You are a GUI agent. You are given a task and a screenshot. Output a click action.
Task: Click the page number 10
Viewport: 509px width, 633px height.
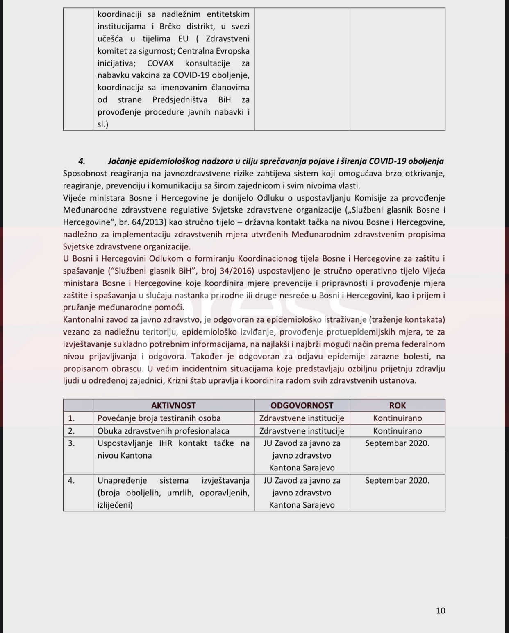(441, 610)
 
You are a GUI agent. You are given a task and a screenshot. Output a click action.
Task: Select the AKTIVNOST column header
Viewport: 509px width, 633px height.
(173, 405)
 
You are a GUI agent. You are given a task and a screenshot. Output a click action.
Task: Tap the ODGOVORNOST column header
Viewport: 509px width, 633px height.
(302, 405)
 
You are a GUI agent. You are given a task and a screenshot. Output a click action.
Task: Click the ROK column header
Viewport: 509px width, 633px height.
(397, 405)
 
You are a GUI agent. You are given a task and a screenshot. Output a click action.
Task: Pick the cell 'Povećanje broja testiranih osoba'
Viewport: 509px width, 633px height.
(159, 418)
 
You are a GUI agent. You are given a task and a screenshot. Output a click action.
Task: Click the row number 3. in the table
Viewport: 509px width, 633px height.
(71, 443)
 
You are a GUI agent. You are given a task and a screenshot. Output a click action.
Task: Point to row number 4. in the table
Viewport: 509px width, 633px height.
(71, 480)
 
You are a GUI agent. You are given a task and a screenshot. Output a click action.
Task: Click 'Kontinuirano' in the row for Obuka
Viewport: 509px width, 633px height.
(397, 431)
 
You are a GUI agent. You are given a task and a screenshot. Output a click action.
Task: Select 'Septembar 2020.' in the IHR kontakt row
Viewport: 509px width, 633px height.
(397, 443)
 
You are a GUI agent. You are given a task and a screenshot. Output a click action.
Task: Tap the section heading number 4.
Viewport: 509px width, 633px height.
(82, 161)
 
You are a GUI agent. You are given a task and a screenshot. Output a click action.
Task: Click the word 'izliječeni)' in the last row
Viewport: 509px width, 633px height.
(115, 505)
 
